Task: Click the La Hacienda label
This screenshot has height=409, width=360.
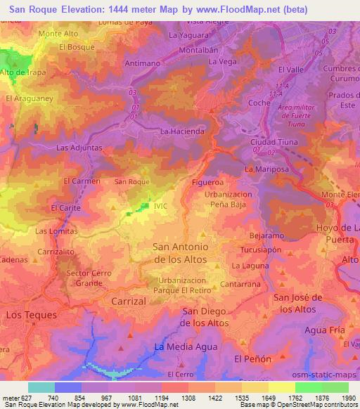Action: click(x=183, y=131)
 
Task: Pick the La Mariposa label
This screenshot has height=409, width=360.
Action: click(x=263, y=170)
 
